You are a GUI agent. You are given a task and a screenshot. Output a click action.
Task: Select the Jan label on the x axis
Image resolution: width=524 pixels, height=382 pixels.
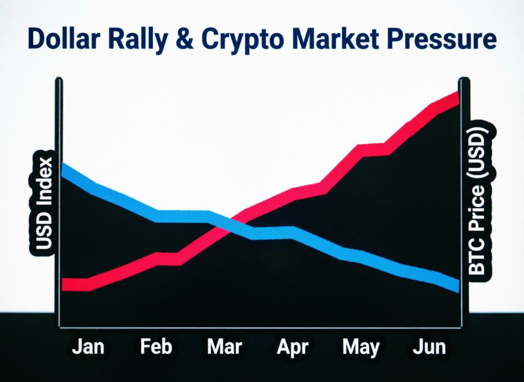tap(88, 347)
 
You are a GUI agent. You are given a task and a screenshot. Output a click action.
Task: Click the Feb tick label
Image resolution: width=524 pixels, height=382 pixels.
tap(156, 347)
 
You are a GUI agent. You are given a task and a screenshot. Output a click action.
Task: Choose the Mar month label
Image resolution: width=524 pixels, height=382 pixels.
tap(224, 347)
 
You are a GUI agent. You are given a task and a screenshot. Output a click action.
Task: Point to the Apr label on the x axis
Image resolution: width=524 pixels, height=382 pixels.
tap(293, 348)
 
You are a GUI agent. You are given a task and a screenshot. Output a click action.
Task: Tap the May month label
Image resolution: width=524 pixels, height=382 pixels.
tap(361, 348)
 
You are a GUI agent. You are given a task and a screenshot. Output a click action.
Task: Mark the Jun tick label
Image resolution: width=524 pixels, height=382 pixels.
tap(429, 347)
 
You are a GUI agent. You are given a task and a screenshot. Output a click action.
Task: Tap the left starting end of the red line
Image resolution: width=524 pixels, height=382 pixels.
tap(64, 284)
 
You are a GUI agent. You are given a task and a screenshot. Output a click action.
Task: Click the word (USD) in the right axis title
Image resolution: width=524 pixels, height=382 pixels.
tap(478, 153)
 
